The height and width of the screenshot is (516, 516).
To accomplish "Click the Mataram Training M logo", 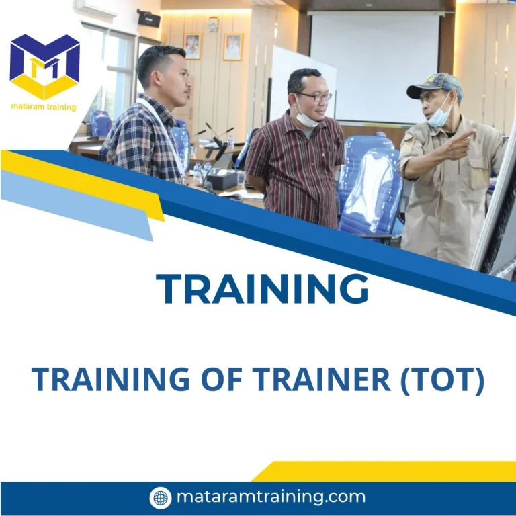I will click(x=45, y=66).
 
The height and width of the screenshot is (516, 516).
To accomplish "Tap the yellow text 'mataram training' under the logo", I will click(x=44, y=107).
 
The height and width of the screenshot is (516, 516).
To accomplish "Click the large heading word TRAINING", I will click(x=263, y=289).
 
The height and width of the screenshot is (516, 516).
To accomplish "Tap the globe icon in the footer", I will click(x=161, y=498).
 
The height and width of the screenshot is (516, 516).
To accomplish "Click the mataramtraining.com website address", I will click(x=271, y=497).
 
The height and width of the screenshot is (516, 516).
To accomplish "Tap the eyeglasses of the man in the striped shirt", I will click(x=315, y=97).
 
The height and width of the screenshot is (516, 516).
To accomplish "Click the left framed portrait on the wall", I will click(x=192, y=46).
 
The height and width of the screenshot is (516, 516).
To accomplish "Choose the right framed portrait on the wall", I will click(x=232, y=46).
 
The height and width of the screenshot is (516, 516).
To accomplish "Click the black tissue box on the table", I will click(x=221, y=179).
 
